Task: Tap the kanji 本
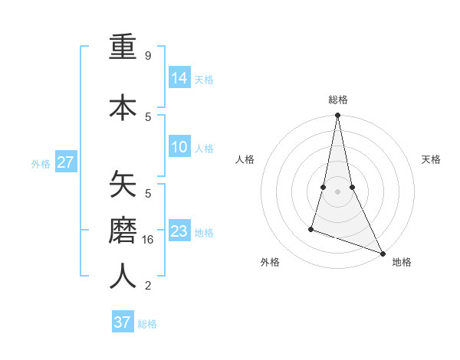[x=123, y=107]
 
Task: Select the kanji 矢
[x=123, y=185]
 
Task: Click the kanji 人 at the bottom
[x=123, y=276]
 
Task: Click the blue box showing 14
[x=179, y=78]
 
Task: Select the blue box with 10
[x=179, y=148]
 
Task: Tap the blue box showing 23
[x=179, y=231]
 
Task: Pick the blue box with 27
[x=66, y=162]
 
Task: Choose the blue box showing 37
[x=123, y=322]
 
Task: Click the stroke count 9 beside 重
[x=147, y=56]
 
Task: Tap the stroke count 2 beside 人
[x=147, y=286]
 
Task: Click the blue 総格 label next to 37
[x=147, y=324]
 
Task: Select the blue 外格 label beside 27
[x=41, y=163]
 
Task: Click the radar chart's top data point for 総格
[x=337, y=116]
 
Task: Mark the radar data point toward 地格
[x=382, y=253]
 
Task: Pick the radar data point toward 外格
[x=311, y=228]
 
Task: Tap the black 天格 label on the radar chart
[x=431, y=159]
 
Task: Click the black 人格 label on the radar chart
[x=245, y=159]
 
